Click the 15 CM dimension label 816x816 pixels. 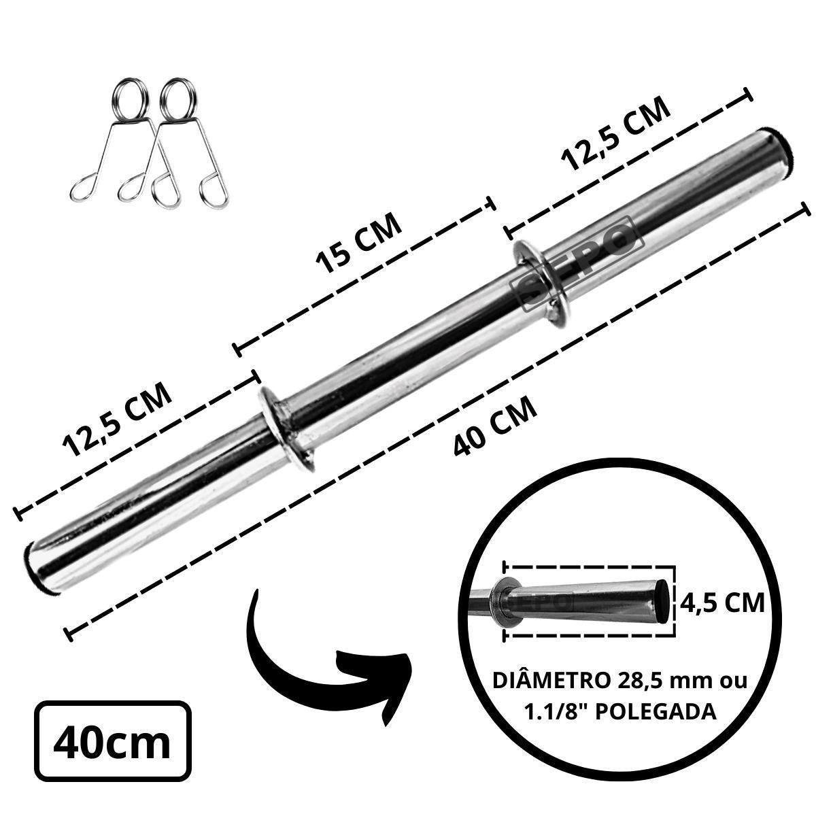coord(358,242)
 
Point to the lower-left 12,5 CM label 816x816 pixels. coord(117,420)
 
